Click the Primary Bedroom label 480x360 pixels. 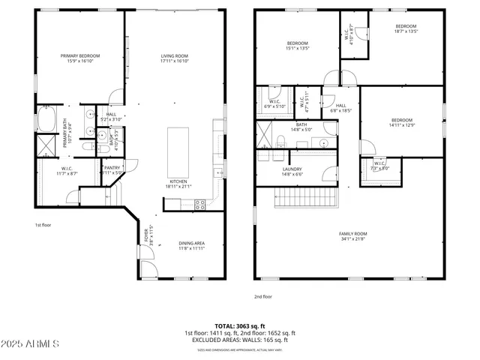(80, 56)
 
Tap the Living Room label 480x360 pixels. (174, 56)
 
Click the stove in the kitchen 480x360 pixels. (200, 203)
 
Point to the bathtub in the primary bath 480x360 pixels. (45, 119)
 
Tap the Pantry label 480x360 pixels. (112, 168)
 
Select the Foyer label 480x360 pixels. (148, 235)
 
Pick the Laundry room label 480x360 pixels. (292, 170)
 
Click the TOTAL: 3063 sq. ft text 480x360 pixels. (240, 326)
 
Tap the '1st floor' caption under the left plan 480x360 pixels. (43, 224)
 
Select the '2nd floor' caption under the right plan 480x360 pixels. (263, 296)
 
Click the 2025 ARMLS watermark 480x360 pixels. (30, 344)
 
